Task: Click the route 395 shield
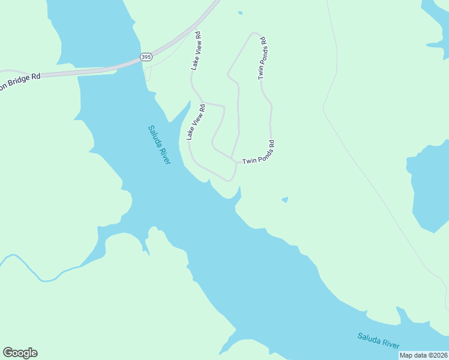pyautogui.click(x=146, y=56)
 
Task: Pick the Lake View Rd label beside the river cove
pyautogui.click(x=196, y=122)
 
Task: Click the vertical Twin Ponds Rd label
pyautogui.click(x=262, y=58)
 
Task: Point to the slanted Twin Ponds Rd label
pyautogui.click(x=258, y=153)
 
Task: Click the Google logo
pyautogui.click(x=20, y=353)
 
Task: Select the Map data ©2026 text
pyautogui.click(x=423, y=355)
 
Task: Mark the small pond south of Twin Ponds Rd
pyautogui.click(x=285, y=200)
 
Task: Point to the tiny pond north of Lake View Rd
pyautogui.click(x=240, y=13)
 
